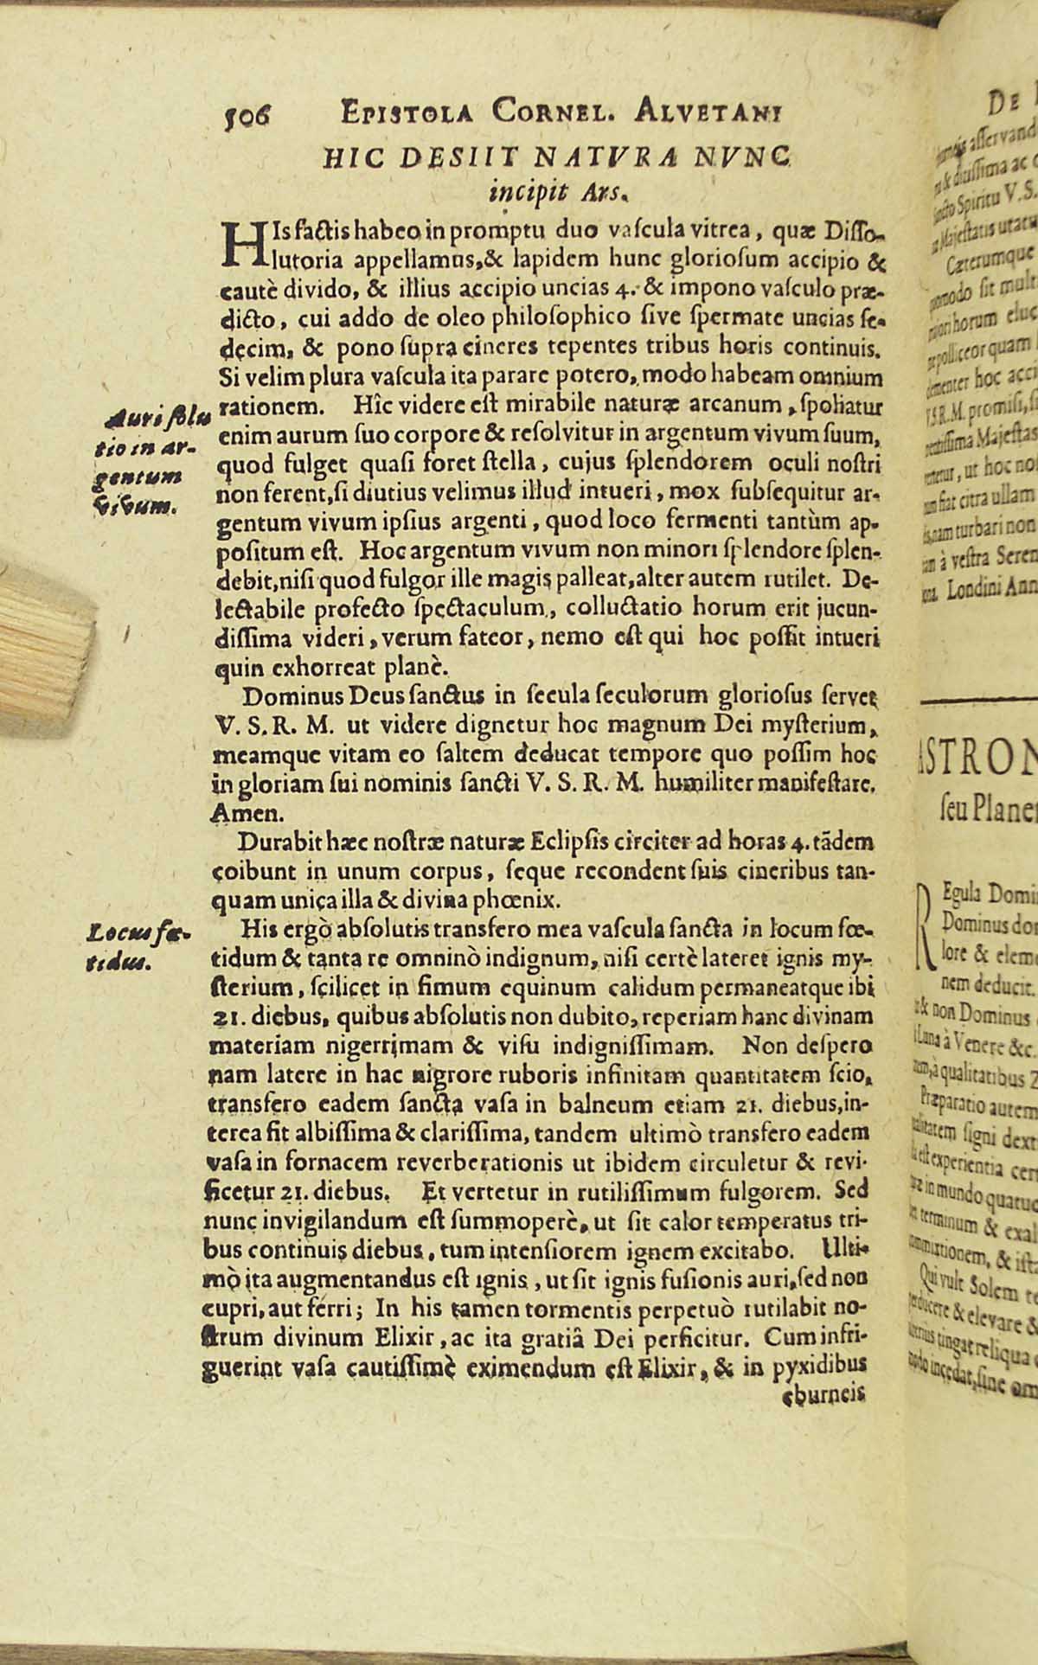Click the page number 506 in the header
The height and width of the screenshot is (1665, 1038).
point(247,112)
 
